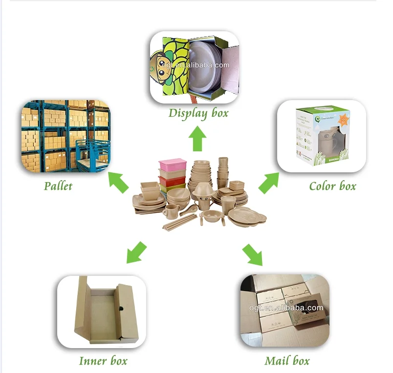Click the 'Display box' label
tap(198, 113)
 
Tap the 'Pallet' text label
tap(58, 186)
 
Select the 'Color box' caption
tap(332, 186)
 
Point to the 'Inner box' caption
tap(103, 361)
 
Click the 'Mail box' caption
tap(287, 361)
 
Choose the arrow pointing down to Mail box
tap(252, 254)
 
